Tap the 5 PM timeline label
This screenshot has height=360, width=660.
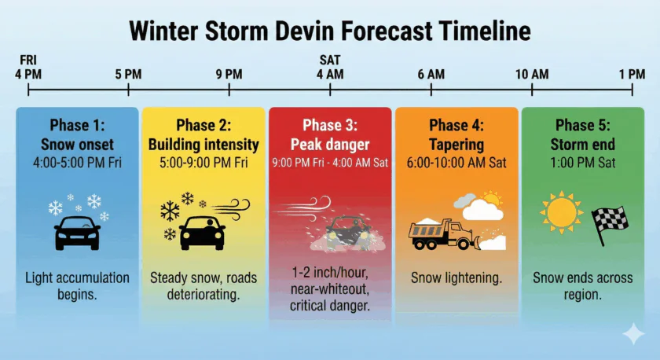coord(128,74)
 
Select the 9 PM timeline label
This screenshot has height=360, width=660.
coord(229,74)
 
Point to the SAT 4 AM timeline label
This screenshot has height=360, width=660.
coord(330,68)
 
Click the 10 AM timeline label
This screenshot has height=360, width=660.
coord(532,74)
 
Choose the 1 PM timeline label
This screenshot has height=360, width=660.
coord(632,74)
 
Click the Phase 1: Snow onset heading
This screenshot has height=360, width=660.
coord(77,134)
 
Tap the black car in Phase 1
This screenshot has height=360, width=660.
coord(77,232)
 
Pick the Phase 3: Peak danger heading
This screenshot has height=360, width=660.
coord(330,134)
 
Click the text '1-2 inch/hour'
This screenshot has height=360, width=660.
coord(330,272)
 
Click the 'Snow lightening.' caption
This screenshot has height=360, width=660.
coord(456,278)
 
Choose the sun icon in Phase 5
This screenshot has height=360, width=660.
coord(562,213)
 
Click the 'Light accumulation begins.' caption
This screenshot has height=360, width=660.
coord(77,286)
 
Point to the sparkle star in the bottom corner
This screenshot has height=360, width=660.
coord(632,334)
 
